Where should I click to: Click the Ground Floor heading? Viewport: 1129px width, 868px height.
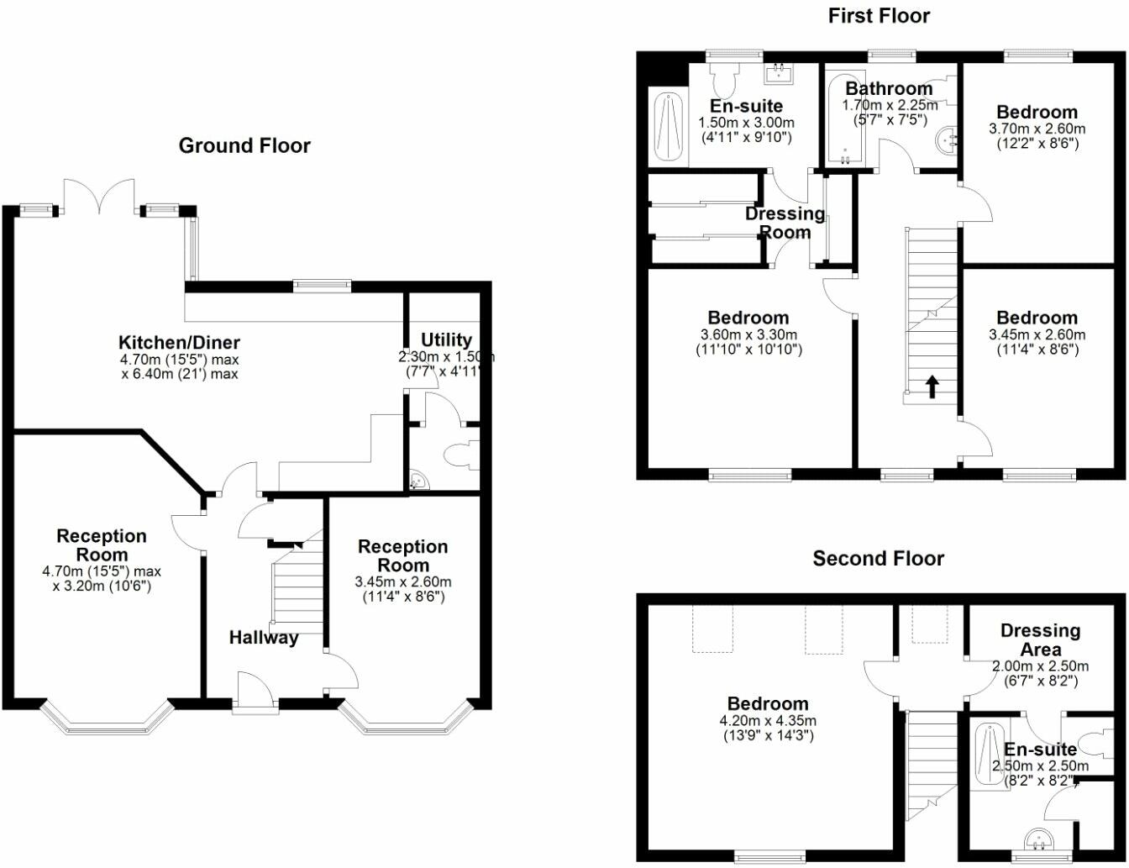[244, 146]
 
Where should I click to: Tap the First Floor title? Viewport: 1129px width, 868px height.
[879, 16]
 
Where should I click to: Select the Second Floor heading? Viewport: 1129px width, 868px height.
[878, 559]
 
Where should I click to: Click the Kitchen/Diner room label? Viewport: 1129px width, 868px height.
[179, 342]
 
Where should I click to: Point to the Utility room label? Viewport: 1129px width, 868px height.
[446, 339]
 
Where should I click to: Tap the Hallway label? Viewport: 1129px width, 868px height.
[264, 638]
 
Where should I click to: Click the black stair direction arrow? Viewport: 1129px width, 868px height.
[932, 387]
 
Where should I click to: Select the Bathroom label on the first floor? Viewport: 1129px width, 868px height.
[889, 88]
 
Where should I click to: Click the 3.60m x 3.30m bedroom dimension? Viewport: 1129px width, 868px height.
[748, 334]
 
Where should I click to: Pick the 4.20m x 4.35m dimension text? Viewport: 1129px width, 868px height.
[768, 720]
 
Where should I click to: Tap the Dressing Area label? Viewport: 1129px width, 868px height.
[1040, 639]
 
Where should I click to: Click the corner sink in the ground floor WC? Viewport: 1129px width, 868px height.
[419, 481]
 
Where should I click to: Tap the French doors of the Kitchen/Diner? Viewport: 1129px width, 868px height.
[99, 197]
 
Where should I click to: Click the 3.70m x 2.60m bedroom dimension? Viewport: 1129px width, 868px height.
[1037, 129]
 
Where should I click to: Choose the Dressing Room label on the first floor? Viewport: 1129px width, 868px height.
[785, 223]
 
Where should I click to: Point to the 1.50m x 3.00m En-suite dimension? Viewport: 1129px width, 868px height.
[746, 123]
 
